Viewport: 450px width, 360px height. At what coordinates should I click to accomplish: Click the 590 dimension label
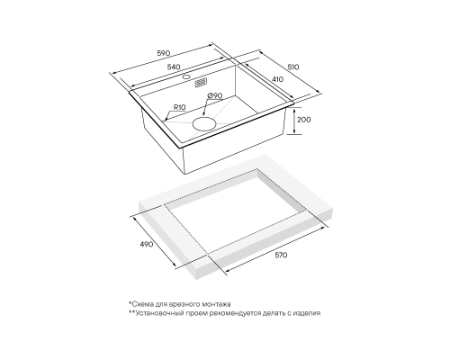164,53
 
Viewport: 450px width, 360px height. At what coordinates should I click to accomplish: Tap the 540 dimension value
174,67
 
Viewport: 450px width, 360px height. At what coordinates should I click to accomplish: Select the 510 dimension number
293,67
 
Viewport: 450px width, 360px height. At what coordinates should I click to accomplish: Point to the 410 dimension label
277,79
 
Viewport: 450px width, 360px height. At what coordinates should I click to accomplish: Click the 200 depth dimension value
304,120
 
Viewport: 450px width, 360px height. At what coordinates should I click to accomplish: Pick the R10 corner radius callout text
180,107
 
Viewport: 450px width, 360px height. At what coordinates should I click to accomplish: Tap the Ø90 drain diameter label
215,95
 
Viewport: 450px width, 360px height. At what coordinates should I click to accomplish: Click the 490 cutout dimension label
147,244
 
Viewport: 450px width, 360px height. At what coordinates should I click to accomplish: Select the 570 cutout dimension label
281,255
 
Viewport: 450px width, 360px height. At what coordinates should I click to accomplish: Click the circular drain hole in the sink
204,123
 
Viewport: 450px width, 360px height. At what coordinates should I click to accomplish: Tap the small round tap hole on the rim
186,76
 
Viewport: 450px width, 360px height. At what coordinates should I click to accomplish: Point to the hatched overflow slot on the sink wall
201,83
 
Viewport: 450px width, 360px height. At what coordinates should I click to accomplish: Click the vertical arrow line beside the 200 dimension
294,121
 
